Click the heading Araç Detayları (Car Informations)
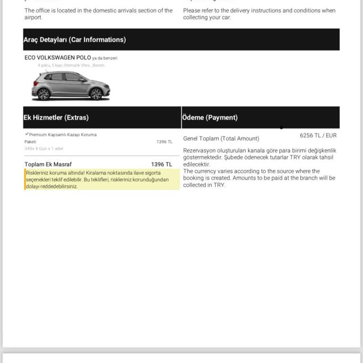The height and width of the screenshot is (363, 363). click(75, 40)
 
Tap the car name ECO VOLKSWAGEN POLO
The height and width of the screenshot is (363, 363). click(58, 58)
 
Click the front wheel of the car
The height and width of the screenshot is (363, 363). click(96, 94)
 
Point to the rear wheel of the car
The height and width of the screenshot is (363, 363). click(43, 94)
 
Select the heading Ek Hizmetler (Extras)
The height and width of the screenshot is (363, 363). click(56, 117)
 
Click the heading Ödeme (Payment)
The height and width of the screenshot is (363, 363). click(210, 117)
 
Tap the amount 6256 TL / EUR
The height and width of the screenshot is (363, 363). click(318, 135)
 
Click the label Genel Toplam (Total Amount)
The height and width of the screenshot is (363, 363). click(221, 138)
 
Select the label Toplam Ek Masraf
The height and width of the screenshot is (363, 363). click(48, 164)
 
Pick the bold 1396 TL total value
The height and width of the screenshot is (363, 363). click(162, 164)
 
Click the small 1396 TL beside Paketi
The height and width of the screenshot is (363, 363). click(164, 142)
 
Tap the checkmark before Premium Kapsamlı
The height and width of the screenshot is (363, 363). click(26, 134)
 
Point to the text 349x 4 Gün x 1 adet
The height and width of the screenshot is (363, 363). click(43, 148)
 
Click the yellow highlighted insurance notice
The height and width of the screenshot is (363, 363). click(102, 180)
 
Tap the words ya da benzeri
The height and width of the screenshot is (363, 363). click(105, 58)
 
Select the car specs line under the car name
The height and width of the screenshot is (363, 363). click(71, 65)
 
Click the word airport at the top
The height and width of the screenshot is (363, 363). click(33, 17)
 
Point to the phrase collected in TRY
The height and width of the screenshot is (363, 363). click(204, 185)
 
